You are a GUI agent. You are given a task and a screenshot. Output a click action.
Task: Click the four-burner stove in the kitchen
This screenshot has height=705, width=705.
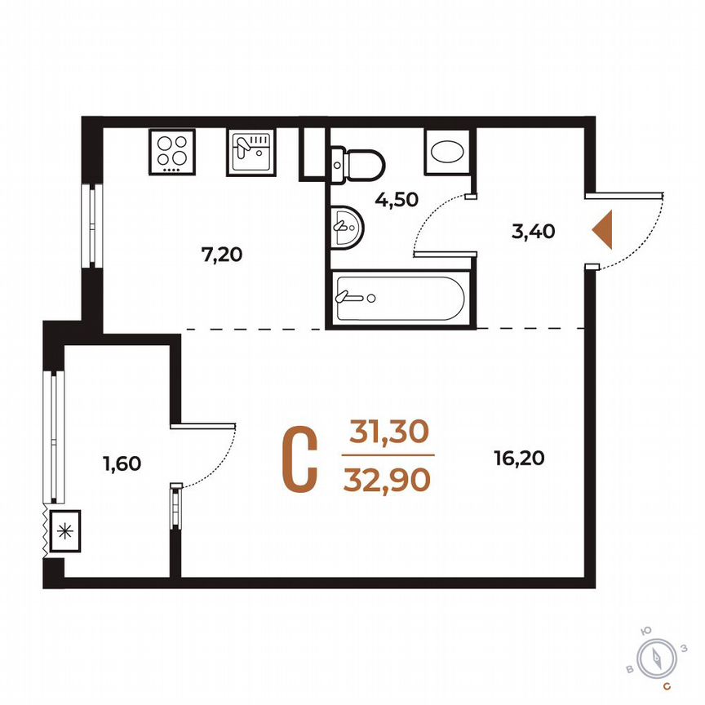pyautogui.click(x=173, y=152)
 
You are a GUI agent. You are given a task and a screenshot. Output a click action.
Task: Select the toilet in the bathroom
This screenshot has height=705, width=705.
pyautogui.click(x=360, y=162)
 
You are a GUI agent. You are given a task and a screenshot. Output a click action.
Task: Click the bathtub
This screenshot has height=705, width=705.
pyautogui.click(x=399, y=299)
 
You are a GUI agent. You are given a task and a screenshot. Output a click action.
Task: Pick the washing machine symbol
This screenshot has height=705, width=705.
pyautogui.click(x=446, y=152)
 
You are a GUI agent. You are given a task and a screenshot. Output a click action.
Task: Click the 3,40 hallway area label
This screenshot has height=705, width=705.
pyautogui.click(x=533, y=231)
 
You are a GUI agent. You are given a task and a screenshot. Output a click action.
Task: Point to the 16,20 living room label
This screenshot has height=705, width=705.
pyautogui.click(x=519, y=459)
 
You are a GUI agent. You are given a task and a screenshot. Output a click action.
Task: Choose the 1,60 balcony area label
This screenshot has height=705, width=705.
pyautogui.click(x=123, y=463)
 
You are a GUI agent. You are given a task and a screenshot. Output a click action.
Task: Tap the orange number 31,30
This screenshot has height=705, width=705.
pyautogui.click(x=389, y=432)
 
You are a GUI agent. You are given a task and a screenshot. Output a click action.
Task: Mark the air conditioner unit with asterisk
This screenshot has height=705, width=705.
pyautogui.click(x=64, y=532)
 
